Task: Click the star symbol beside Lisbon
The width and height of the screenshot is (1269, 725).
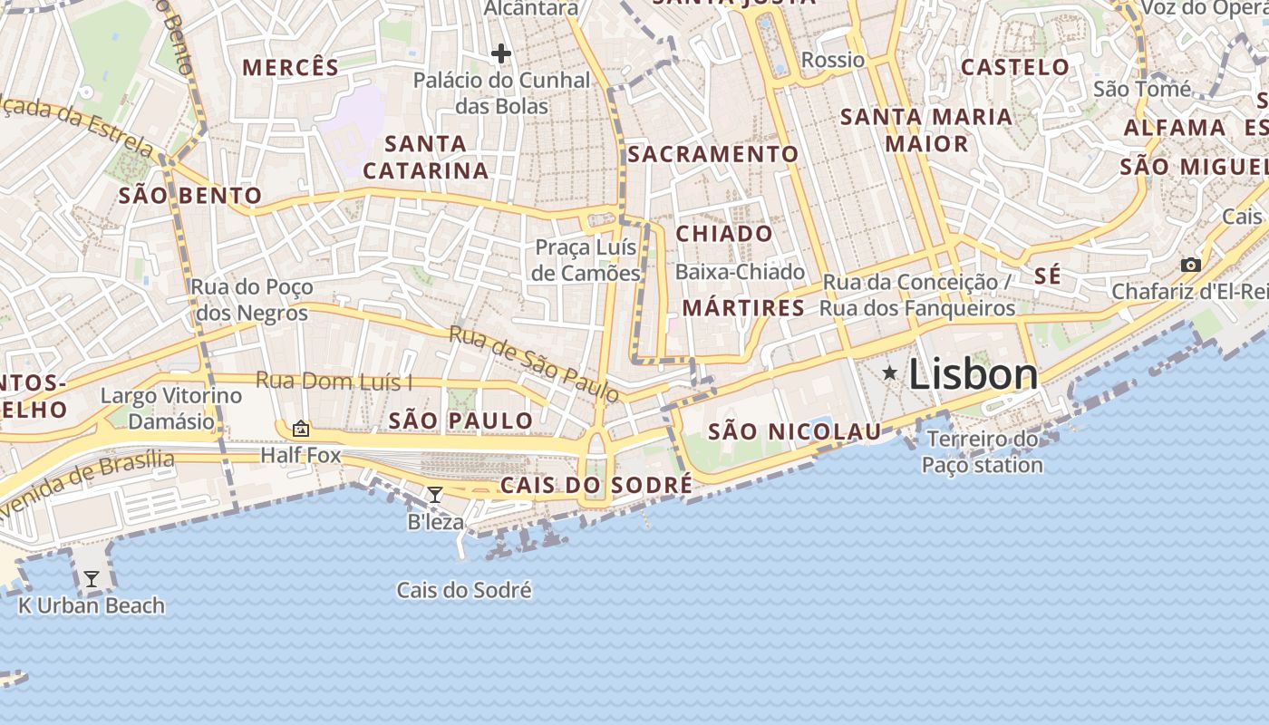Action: (890, 372)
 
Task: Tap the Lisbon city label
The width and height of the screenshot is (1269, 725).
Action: (973, 374)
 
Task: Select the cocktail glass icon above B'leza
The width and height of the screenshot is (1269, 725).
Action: (435, 495)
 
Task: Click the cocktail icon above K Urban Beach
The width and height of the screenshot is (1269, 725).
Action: (92, 579)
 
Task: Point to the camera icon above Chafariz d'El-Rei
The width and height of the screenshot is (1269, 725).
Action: (1191, 266)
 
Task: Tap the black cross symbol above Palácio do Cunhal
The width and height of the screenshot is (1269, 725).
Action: (500, 53)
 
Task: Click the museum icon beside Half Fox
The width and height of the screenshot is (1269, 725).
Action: (301, 429)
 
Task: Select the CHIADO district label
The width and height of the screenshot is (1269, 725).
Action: (725, 234)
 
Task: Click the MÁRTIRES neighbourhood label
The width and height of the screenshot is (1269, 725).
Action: (743, 308)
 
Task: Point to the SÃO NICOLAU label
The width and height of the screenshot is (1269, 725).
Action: (794, 431)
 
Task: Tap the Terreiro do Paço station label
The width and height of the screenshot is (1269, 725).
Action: (983, 452)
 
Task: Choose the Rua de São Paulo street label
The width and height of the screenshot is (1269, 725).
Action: (534, 363)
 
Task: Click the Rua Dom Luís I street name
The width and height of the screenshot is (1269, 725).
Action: (334, 381)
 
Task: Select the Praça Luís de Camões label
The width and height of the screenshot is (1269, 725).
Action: (586, 260)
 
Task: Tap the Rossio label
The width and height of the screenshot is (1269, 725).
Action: (833, 60)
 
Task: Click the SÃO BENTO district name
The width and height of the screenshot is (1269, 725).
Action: (190, 196)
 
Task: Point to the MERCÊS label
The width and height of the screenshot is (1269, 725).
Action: (290, 67)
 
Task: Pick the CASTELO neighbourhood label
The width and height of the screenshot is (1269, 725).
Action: (1015, 67)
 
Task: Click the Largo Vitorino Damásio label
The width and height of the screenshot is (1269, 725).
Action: (171, 408)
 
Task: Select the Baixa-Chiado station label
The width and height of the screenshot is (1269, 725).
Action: (740, 272)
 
